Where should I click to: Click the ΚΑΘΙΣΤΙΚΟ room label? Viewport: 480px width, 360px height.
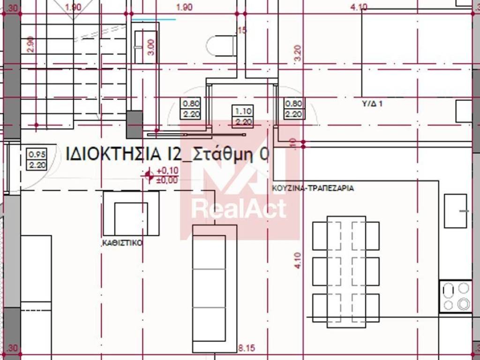(x=122, y=243)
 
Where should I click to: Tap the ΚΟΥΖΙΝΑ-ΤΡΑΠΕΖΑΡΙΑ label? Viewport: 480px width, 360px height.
(x=313, y=188)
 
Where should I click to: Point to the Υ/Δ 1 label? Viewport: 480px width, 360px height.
(x=372, y=104)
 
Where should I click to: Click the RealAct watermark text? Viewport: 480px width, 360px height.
(x=239, y=209)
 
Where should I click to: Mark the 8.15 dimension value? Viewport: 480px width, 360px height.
(x=246, y=348)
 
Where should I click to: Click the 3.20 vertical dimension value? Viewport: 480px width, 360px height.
(x=297, y=54)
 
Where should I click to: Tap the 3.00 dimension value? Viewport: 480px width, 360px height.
(x=151, y=47)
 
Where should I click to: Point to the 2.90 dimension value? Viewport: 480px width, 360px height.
(x=30, y=44)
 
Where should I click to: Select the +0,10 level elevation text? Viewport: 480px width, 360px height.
(x=167, y=171)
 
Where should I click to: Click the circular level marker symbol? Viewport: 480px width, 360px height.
(x=149, y=175)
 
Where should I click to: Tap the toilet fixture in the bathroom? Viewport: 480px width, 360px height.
(x=221, y=46)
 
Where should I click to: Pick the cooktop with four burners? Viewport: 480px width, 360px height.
(x=456, y=296)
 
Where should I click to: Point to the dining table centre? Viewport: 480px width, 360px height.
(x=346, y=272)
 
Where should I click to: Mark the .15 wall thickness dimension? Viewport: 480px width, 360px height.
(x=242, y=31)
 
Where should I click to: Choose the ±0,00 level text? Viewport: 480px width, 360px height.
(x=167, y=179)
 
